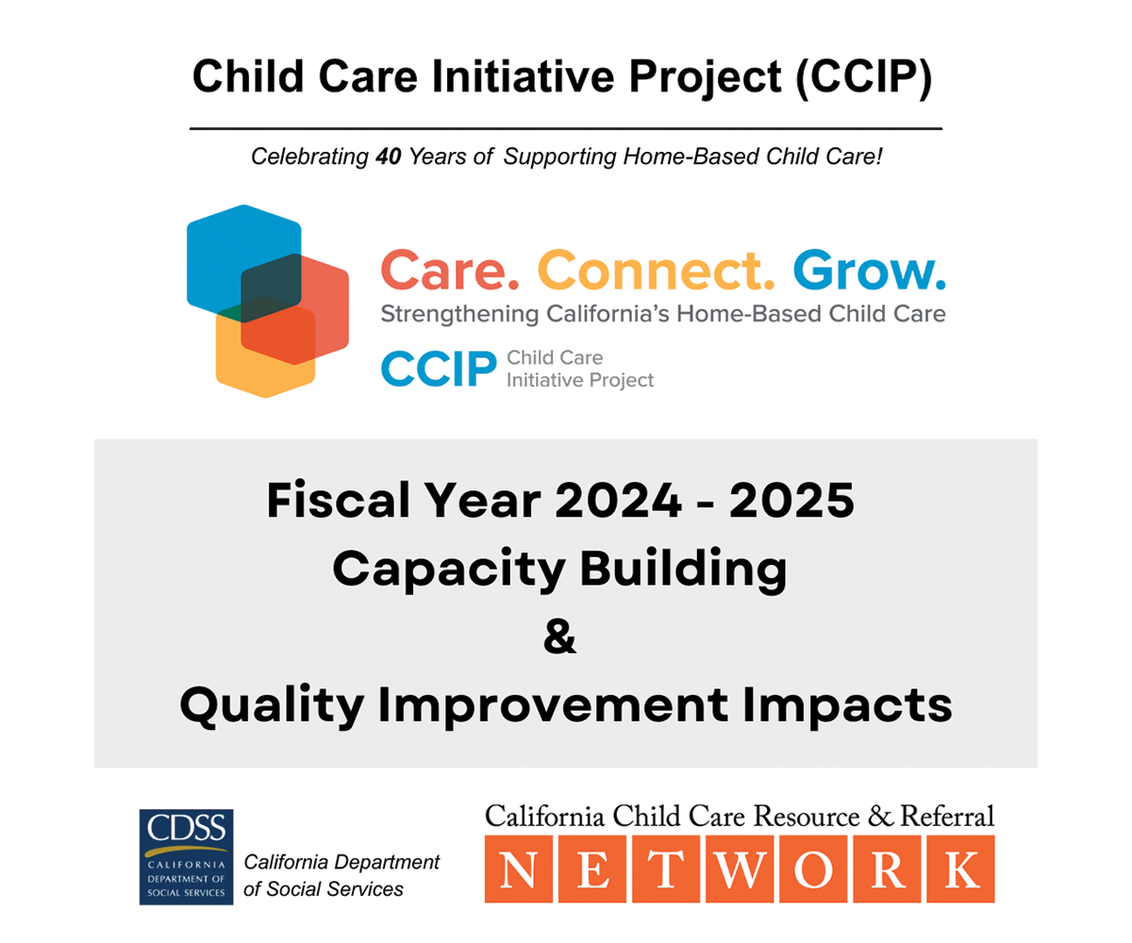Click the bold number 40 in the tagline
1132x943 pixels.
[388, 157]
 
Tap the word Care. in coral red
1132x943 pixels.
[450, 270]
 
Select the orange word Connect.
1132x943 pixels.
[656, 270]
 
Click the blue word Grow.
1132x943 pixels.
[869, 270]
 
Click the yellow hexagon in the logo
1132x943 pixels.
[255, 369]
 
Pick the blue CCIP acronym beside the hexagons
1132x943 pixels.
[439, 369]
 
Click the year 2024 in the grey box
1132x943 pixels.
[618, 500]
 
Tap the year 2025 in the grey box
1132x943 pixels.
[791, 500]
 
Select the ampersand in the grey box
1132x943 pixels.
[560, 636]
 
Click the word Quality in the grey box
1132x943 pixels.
[272, 706]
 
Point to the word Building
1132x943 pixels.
[683, 570]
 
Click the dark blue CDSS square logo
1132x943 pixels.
[186, 857]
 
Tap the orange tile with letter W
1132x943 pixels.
[740, 869]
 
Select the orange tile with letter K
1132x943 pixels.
[960, 869]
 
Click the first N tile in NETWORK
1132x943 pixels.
[518, 869]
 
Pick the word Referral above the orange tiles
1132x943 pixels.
[947, 817]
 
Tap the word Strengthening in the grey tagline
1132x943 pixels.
[459, 314]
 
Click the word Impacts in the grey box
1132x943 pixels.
[847, 706]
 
